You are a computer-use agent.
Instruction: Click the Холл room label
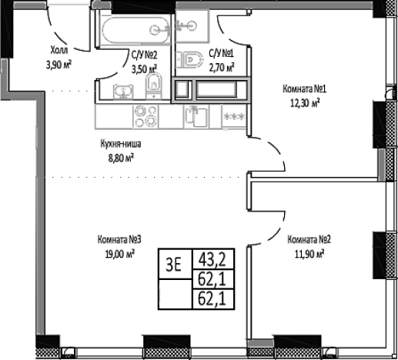[x=59, y=50]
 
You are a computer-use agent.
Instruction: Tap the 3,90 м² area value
[x=59, y=65]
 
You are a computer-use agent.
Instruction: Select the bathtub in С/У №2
[x=136, y=30]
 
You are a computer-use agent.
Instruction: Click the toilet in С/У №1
[x=189, y=60]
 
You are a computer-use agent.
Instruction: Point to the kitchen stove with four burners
[x=145, y=116]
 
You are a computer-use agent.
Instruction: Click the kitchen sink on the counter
[x=196, y=116]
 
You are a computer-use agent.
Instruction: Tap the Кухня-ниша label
[x=121, y=144]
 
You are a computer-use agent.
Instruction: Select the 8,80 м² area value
[x=121, y=158]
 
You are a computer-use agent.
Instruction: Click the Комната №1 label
[x=304, y=89]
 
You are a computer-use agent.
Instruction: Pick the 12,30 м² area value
[x=305, y=103]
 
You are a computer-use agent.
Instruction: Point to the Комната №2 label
[x=309, y=240]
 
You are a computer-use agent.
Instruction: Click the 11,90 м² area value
[x=309, y=255]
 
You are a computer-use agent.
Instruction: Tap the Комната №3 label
[x=119, y=240]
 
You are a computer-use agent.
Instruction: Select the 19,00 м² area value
[x=120, y=254]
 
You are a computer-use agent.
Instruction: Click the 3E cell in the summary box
[x=175, y=264]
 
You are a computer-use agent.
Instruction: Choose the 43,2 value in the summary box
[x=212, y=259]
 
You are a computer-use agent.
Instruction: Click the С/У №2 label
[x=144, y=55]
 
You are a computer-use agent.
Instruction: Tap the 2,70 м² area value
[x=222, y=68]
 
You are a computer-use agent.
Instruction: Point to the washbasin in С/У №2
[x=123, y=92]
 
